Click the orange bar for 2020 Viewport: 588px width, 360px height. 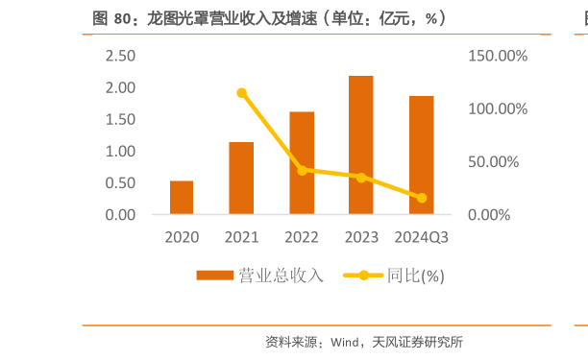click(x=182, y=197)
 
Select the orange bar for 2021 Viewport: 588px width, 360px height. click(x=241, y=178)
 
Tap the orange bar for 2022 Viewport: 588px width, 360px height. click(x=302, y=162)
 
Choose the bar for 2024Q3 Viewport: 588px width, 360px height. click(x=421, y=155)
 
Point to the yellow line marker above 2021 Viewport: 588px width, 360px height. click(x=241, y=93)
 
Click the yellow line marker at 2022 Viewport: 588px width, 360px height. click(x=302, y=170)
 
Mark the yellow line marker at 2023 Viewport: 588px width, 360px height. click(x=361, y=178)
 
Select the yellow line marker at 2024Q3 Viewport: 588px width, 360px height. click(x=421, y=198)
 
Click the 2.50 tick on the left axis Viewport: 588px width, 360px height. click(x=120, y=56)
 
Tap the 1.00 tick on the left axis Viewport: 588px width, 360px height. click(x=120, y=151)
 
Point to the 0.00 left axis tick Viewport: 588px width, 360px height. click(x=120, y=214)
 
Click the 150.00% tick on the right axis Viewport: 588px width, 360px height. click(x=498, y=56)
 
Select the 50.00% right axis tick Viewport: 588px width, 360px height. click(x=498, y=161)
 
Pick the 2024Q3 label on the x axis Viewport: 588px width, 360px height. click(x=421, y=236)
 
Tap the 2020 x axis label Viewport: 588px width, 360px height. click(x=182, y=236)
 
